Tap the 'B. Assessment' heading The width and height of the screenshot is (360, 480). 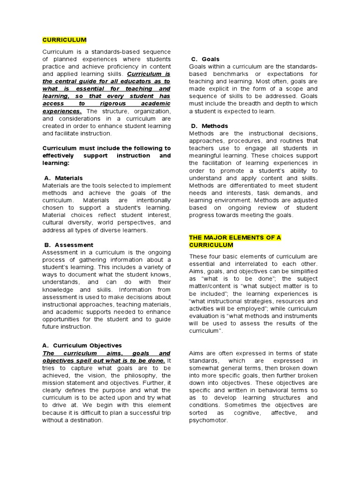tap(68, 245)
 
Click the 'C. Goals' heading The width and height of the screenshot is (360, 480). tap(205, 59)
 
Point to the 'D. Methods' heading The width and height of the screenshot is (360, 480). tap(209, 126)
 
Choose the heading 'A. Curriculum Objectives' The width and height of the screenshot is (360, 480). tap(82, 345)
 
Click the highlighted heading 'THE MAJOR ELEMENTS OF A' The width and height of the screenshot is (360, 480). tap(235, 238)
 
